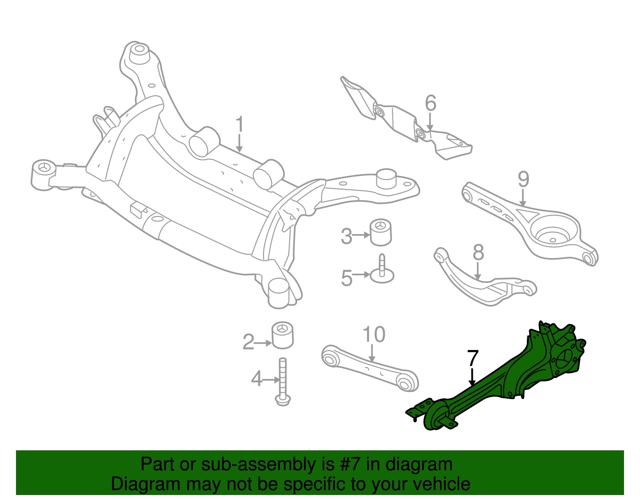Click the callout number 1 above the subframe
click(239, 125)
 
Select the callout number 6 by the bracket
click(430, 103)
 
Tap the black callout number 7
click(473, 358)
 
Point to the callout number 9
click(523, 179)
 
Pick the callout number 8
click(478, 252)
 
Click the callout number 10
click(374, 335)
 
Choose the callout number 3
click(346, 236)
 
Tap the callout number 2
click(248, 342)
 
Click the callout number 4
click(256, 378)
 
